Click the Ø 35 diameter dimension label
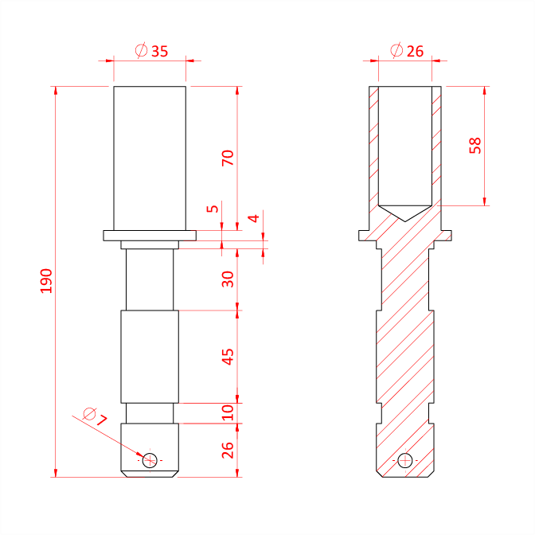151,51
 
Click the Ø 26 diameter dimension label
407,51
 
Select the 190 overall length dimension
46,281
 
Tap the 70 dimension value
228,158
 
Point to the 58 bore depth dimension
475,146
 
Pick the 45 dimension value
228,357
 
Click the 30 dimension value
228,279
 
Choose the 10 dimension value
228,413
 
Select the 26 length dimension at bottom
228,450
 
